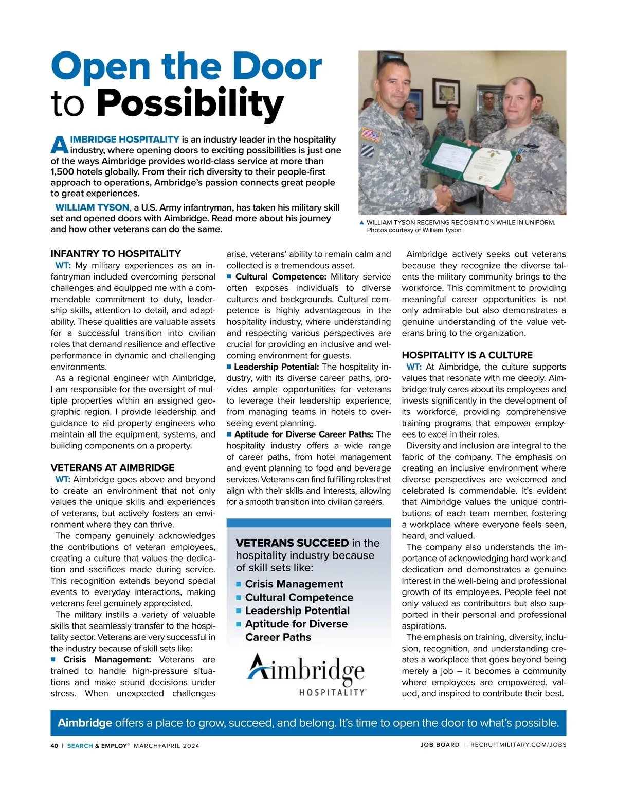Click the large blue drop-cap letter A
click(x=59, y=145)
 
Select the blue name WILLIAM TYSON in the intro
click(x=92, y=207)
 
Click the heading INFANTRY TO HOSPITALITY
click(x=116, y=254)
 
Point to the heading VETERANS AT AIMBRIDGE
click(x=112, y=468)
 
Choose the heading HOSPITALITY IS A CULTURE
click(x=467, y=355)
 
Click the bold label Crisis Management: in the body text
click(x=107, y=660)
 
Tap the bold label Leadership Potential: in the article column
click(x=276, y=367)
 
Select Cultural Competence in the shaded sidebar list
click(x=299, y=598)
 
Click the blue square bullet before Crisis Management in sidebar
click(x=239, y=584)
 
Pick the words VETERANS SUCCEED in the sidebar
click(x=292, y=543)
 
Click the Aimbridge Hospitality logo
click(x=307, y=674)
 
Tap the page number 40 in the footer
click(x=55, y=745)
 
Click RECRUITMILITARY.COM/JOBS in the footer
click(x=518, y=745)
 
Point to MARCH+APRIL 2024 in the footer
click(x=166, y=746)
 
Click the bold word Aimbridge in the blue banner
click(x=85, y=723)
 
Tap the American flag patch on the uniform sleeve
click(x=371, y=135)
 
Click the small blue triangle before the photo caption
click(x=361, y=223)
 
